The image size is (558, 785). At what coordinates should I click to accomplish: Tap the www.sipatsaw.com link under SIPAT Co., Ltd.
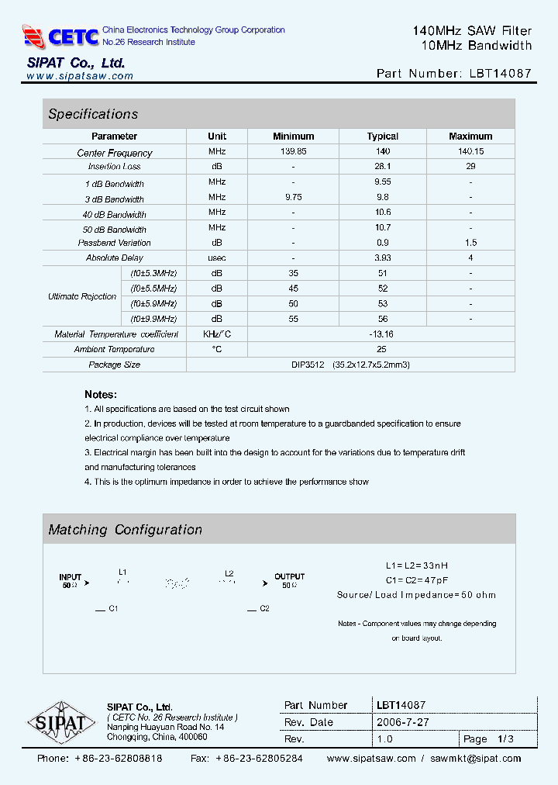tap(80, 76)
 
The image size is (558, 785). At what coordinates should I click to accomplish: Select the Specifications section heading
tap(93, 114)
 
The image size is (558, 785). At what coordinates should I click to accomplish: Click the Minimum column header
tap(294, 136)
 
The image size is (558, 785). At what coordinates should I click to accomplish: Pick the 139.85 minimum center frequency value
tap(294, 151)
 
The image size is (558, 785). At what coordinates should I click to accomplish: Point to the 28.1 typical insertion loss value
tap(383, 166)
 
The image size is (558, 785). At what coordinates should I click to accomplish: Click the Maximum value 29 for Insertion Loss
tap(470, 166)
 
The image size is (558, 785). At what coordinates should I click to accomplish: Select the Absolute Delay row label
tap(115, 258)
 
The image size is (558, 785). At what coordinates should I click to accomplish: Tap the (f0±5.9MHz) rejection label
tap(153, 303)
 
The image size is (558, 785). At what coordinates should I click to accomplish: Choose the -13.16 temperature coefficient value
tap(383, 334)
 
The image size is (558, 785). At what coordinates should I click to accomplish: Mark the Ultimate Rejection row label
tap(82, 296)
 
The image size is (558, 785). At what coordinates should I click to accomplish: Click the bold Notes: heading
tap(101, 394)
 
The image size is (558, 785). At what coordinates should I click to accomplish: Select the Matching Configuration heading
tap(125, 530)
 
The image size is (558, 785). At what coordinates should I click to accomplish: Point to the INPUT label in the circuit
tap(71, 577)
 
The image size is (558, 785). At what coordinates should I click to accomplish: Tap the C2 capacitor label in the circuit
tap(264, 609)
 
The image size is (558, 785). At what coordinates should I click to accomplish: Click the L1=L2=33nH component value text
tap(416, 565)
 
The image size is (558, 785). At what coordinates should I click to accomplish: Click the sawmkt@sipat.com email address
tap(476, 759)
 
